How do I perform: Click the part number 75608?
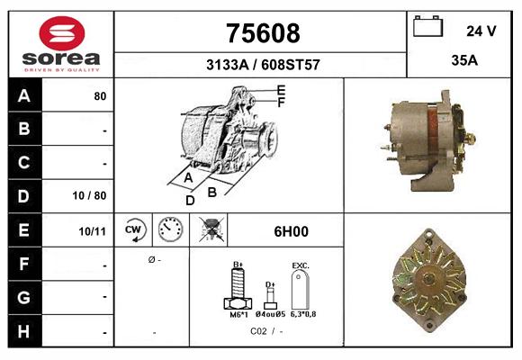[x=261, y=33]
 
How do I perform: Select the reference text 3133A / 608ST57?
[x=262, y=65]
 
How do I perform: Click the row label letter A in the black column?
[x=23, y=95]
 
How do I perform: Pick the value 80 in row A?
[x=100, y=95]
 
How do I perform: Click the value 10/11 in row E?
[x=93, y=231]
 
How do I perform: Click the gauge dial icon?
[x=170, y=230]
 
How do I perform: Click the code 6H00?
[x=292, y=231]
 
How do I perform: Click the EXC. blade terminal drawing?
[x=301, y=290]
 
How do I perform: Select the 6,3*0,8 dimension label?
[x=301, y=315]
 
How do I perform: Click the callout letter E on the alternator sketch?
[x=281, y=90]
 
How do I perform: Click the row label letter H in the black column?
[x=23, y=332]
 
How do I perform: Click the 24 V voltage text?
[x=481, y=31]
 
